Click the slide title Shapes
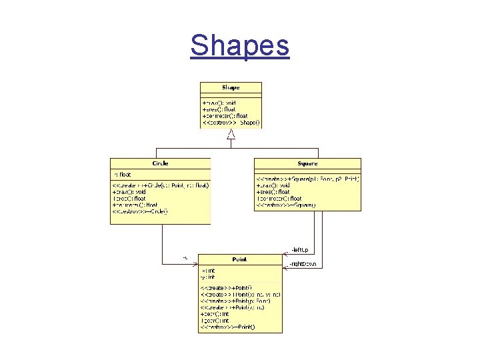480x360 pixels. pyautogui.click(x=239, y=46)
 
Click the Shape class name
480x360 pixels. pyautogui.click(x=231, y=87)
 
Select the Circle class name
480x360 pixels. pyautogui.click(x=160, y=163)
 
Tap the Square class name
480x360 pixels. pyautogui.click(x=307, y=163)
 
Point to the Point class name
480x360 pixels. pyautogui.click(x=239, y=259)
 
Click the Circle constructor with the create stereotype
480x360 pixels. pyautogui.click(x=161, y=185)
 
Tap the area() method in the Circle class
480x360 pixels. pyautogui.click(x=131, y=198)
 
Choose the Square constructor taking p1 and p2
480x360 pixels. pyautogui.click(x=307, y=179)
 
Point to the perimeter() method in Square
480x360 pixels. pyautogui.click(x=279, y=199)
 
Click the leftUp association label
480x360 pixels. pyautogui.click(x=299, y=250)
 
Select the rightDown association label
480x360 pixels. pyautogui.click(x=302, y=264)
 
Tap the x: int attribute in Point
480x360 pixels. pyautogui.click(x=207, y=271)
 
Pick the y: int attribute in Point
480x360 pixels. pyautogui.click(x=207, y=277)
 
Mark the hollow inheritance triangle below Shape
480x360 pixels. pyautogui.click(x=231, y=135)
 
